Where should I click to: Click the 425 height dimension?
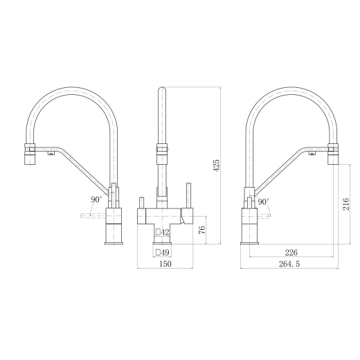pos(217,165)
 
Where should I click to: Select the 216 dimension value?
pos(345,204)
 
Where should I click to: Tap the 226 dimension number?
pos(291,253)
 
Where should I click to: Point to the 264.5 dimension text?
pos(289,264)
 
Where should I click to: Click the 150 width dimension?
pos(165,264)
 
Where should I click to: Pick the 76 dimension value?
pos(201,230)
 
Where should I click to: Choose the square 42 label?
pos(163,232)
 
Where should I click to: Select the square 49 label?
pos(163,253)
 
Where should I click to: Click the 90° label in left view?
pos(96,199)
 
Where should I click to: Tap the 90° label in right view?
pos(263,202)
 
